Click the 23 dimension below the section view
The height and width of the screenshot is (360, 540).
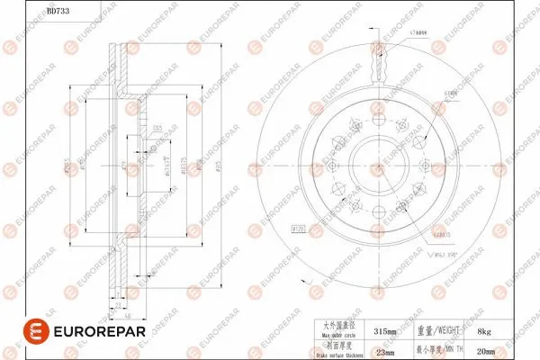118,306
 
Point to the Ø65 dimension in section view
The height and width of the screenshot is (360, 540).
157,128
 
